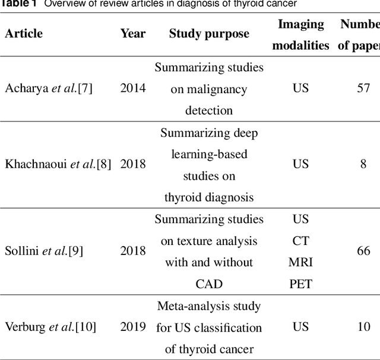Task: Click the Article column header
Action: coord(24,33)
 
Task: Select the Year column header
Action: coord(133,33)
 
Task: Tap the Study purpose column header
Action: coord(209,33)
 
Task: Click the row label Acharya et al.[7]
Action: coord(49,88)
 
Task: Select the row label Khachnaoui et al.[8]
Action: coord(58,164)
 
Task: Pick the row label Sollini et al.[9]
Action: coord(44,251)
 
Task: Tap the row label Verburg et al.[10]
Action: coord(50,327)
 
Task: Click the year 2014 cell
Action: coord(133,88)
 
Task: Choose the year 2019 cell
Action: coord(133,327)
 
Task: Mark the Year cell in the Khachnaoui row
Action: coord(133,164)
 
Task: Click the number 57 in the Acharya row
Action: coord(363,88)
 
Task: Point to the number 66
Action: coord(363,251)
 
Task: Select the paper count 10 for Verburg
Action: coord(363,327)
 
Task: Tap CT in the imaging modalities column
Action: coord(300,241)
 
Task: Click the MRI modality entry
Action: coord(300,262)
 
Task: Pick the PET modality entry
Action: coord(300,283)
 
